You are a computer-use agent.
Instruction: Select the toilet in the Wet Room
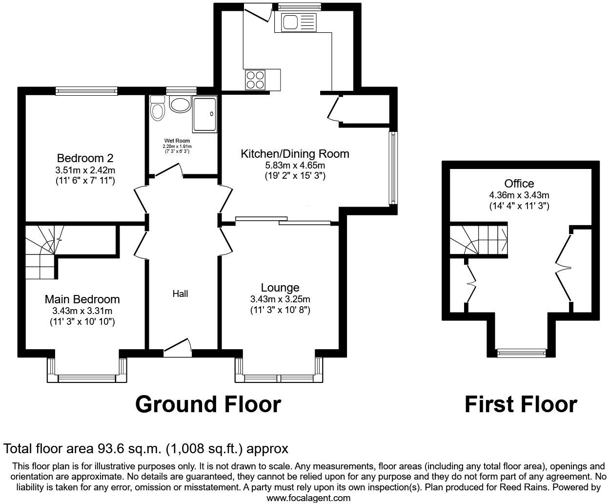[158, 108]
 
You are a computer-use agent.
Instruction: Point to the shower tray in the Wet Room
[205, 114]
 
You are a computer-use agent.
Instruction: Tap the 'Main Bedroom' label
[82, 299]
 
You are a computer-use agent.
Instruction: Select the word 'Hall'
[180, 294]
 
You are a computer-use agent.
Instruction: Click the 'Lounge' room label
[280, 288]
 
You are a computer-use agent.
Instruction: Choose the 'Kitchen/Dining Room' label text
[295, 154]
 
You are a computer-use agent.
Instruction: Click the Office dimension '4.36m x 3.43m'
[519, 195]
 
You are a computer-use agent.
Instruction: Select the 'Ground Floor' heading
[208, 404]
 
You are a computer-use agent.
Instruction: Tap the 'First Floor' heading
[520, 404]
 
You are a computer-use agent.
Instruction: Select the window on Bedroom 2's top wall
[86, 90]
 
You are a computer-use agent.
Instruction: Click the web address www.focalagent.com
[308, 498]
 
